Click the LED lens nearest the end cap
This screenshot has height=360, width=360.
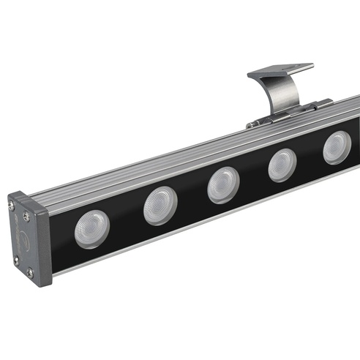(x=91, y=228)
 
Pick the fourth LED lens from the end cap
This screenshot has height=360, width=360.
(x=281, y=165)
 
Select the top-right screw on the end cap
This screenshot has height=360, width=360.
(x=27, y=215)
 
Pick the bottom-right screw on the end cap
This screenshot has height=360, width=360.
(x=30, y=274)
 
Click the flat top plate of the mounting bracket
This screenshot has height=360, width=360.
(x=280, y=71)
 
